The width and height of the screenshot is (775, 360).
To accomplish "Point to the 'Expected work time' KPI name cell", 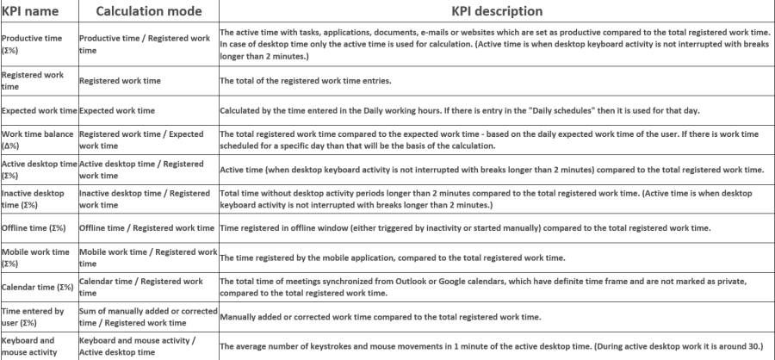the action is click(40, 110).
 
